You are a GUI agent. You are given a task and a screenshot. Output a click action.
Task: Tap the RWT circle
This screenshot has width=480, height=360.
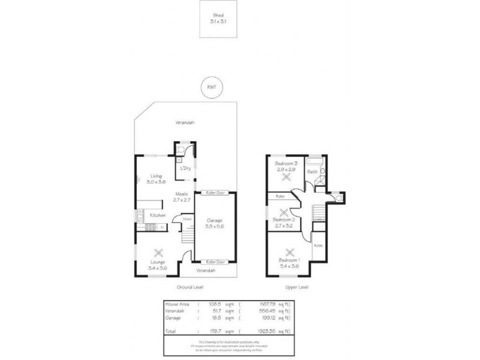point(211,87)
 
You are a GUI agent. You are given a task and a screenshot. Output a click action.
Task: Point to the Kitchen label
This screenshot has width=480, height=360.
point(157,215)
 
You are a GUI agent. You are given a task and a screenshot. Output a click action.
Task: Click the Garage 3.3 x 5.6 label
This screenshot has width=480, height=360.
point(214,223)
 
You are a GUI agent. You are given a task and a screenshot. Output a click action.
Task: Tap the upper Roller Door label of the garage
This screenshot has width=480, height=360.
point(214,193)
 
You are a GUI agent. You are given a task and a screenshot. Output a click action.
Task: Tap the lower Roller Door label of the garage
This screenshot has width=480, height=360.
point(214,262)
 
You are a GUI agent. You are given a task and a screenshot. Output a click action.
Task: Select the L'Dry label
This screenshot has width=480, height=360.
point(185,168)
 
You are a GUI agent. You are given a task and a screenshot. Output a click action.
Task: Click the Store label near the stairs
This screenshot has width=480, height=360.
point(187,219)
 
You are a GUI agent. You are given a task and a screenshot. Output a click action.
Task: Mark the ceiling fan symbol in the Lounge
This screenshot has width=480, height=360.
point(158,253)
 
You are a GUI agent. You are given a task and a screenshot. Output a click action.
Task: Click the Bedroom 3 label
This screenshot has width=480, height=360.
point(284,163)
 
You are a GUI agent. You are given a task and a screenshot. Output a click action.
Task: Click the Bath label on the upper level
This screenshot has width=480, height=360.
point(312,172)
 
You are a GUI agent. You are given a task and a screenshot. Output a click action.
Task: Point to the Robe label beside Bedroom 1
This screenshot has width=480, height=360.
point(318,245)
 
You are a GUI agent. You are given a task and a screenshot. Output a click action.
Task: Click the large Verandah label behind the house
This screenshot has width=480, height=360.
point(185,122)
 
